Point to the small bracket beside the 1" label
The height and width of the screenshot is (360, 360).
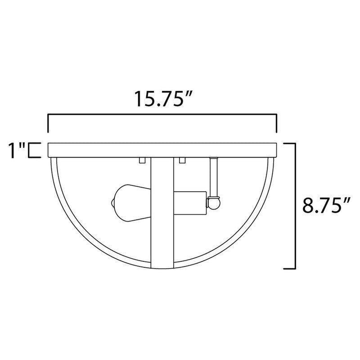32,150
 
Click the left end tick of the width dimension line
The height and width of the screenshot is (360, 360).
48,124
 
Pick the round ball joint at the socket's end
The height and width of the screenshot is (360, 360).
214,203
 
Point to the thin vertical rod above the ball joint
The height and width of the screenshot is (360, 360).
214,178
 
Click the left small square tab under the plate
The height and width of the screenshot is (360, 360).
142,160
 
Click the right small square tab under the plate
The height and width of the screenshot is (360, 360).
182,160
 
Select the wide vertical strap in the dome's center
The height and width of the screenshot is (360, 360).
162,211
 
